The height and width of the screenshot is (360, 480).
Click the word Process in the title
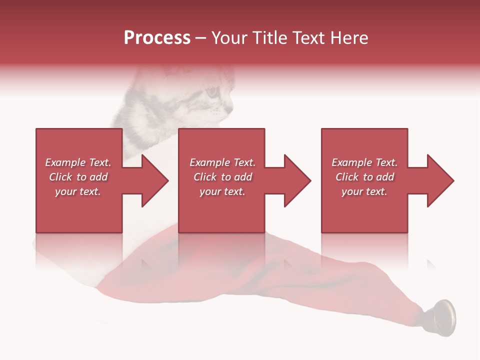coord(157,38)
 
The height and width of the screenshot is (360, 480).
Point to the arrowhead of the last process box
coord(439,180)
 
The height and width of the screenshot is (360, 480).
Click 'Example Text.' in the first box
coord(78,162)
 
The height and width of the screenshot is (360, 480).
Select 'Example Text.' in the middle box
coord(222,162)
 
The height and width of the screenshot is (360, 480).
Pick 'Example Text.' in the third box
coord(364,162)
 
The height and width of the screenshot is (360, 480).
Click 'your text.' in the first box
coord(78,191)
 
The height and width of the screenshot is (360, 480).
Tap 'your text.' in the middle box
coord(222,191)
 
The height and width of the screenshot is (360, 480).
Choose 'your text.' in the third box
coord(364,191)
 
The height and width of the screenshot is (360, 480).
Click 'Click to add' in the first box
coord(78,177)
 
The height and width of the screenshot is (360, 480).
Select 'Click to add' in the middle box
coord(222,177)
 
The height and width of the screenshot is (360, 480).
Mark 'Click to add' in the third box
coord(364,177)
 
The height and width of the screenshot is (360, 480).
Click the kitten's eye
coord(213,92)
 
